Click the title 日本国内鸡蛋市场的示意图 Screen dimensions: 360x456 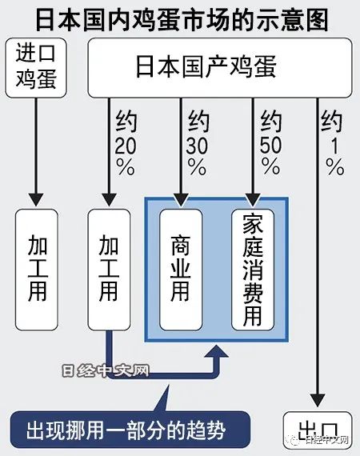pos(182,20)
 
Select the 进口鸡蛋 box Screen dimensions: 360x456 pos(36,68)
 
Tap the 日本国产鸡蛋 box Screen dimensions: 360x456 pos(220,68)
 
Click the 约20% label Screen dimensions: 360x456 pos(126,143)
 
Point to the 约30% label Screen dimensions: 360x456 pos(198,143)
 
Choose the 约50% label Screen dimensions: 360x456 pos(270,143)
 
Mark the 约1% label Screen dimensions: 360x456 pos(333,143)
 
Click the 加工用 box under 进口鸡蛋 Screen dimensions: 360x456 pos(37,270)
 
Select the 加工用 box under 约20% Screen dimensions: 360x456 pos(109,270)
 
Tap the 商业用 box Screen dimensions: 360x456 pos(181,270)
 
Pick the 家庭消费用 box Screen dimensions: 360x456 pos(253,270)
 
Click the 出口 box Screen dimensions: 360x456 pos(318,430)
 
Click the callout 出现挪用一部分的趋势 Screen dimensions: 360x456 pos(130,430)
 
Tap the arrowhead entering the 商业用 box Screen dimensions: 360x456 pos(181,200)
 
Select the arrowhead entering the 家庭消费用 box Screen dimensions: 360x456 pos(253,200)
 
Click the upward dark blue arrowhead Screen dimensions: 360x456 pos(216,351)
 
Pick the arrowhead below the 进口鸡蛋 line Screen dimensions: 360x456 pos(37,200)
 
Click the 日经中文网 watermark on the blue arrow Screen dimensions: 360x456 pos(106,370)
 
